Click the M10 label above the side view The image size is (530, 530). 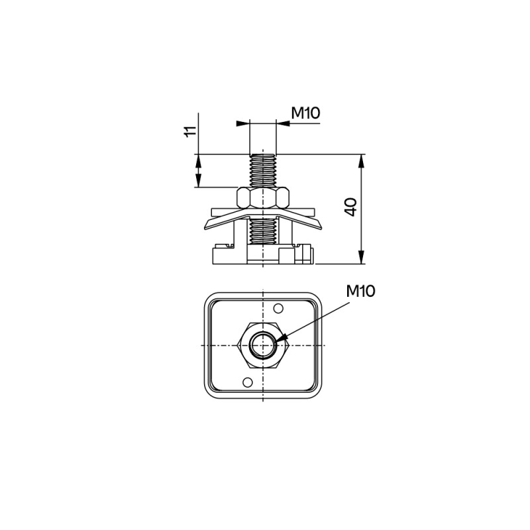[x=305, y=113]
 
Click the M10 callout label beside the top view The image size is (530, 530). [x=360, y=291]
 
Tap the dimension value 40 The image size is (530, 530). [x=351, y=207]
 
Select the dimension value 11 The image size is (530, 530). [x=190, y=131]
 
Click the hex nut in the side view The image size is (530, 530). [x=263, y=197]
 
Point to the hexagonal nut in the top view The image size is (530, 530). [x=263, y=345]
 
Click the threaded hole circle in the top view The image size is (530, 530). [x=263, y=345]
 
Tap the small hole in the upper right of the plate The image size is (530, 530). [x=278, y=308]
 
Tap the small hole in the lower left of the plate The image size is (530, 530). [x=248, y=382]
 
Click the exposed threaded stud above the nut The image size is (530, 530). [x=263, y=170]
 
